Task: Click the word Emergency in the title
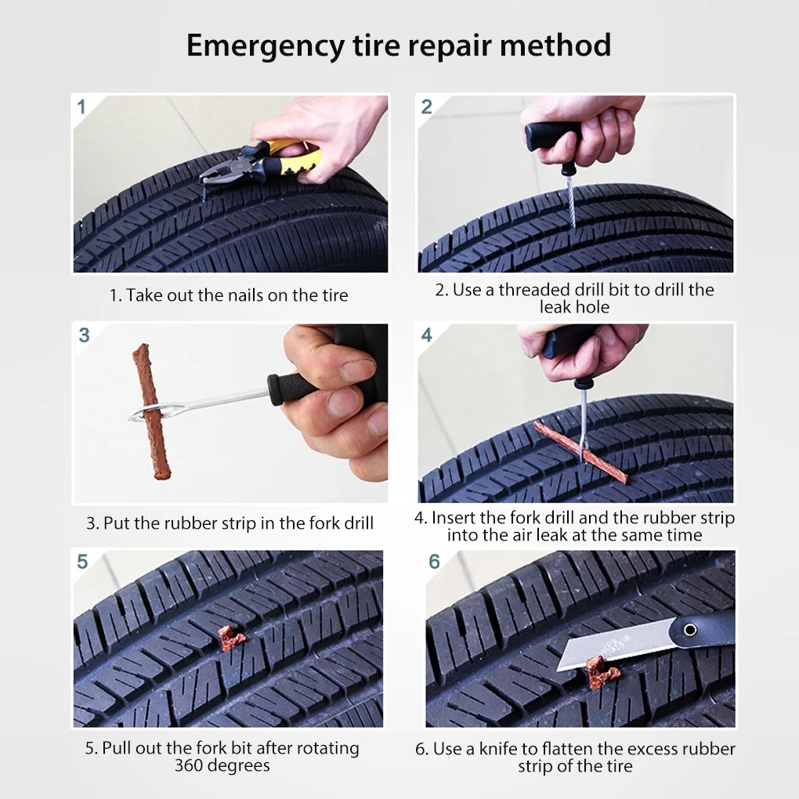266,46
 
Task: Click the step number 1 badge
81,107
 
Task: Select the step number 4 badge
426,334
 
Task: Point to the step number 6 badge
434,562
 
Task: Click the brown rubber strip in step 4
580,452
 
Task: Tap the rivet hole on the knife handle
690,630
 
